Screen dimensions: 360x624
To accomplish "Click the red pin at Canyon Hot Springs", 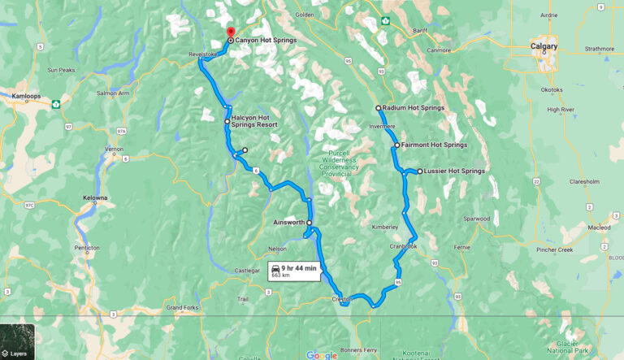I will tap(231, 33).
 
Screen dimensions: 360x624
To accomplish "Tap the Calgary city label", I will tap(544, 46).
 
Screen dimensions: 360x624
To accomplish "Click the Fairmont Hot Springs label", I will tap(434, 145).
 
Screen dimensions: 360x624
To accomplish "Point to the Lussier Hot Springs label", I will tap(454, 171).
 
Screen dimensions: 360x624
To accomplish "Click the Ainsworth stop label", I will tap(289, 222).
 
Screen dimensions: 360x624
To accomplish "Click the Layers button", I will tap(17, 342).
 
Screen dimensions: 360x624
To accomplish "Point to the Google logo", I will tap(322, 354).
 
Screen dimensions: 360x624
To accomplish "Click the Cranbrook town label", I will tap(402, 246).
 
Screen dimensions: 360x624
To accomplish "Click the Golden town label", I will tap(305, 15).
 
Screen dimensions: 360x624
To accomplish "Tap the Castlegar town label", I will tap(247, 270).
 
